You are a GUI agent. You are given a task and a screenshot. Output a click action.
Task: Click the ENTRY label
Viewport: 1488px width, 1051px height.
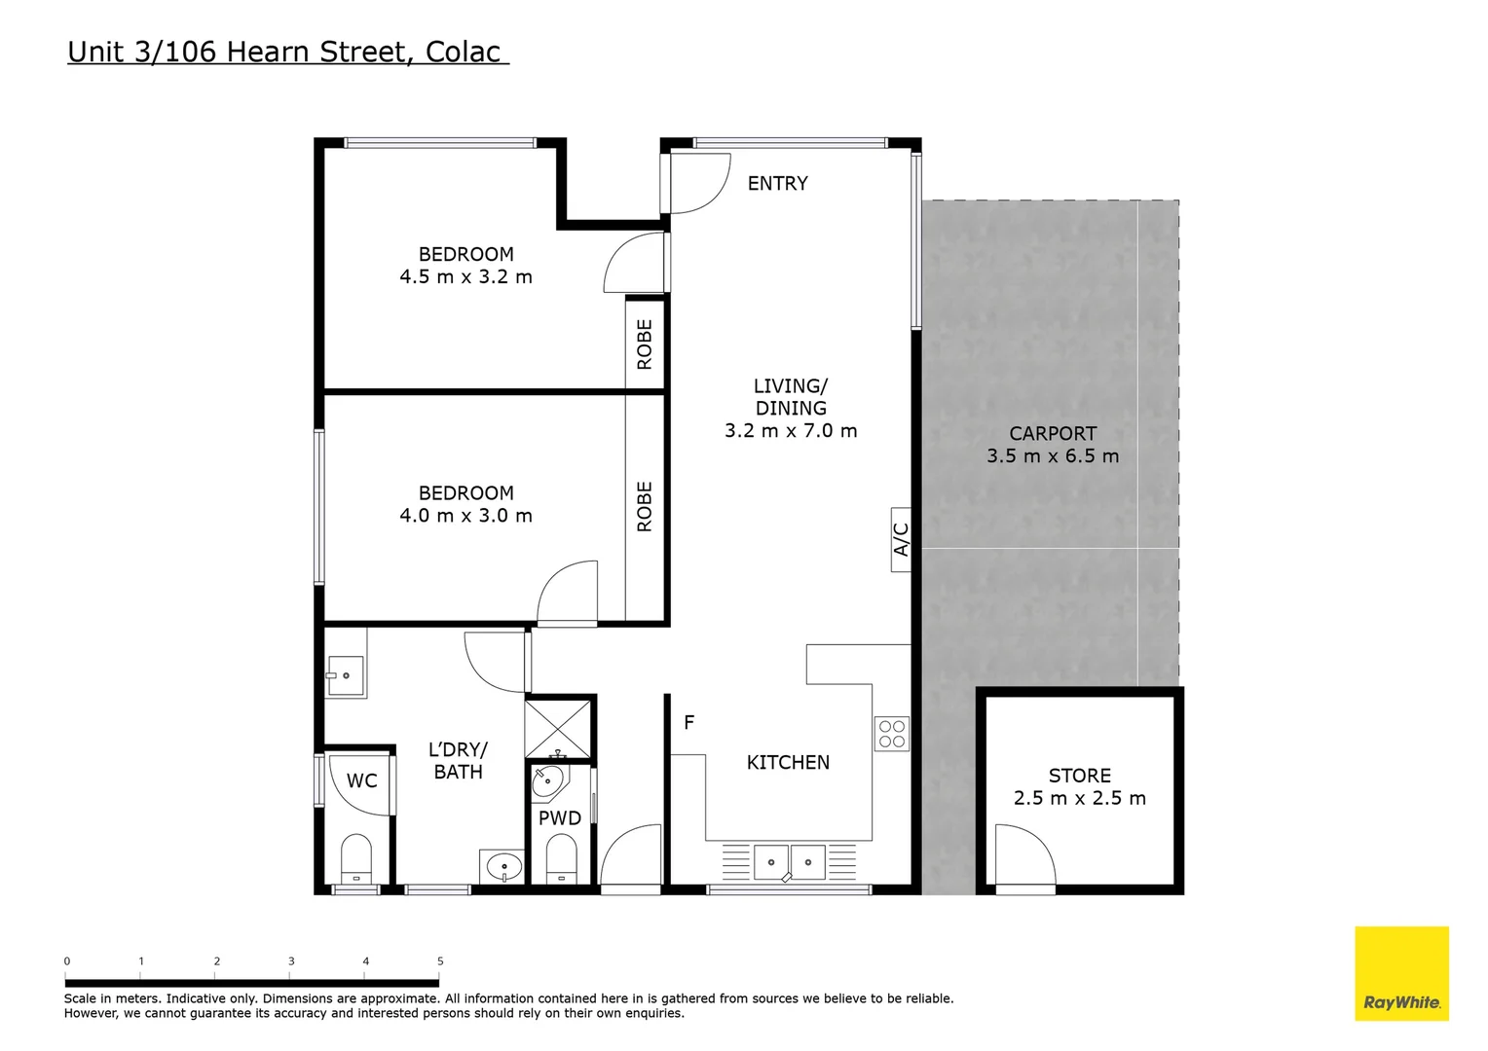(777, 183)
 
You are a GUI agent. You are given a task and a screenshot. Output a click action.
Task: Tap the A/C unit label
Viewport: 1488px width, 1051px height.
(901, 539)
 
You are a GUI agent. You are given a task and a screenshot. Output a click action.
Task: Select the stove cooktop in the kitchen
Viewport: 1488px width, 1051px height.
(891, 734)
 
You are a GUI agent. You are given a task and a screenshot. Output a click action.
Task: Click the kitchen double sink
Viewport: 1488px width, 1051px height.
(789, 862)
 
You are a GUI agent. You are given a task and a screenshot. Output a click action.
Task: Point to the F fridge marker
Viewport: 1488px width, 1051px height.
(688, 722)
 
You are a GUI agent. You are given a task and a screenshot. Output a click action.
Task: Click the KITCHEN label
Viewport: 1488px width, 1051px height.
(788, 763)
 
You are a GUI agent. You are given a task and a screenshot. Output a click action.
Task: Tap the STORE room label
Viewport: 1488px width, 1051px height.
(1079, 776)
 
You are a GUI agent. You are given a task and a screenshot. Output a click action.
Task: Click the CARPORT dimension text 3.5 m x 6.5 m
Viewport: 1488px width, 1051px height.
(1053, 456)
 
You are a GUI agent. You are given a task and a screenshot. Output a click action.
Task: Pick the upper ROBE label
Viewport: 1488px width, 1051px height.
(645, 344)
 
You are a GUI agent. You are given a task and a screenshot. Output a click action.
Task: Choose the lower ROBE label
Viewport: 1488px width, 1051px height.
(645, 507)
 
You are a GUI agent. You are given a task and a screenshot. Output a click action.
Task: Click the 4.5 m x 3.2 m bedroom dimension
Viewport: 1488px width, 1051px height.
(465, 277)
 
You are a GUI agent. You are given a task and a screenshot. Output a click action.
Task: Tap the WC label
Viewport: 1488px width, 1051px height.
(361, 780)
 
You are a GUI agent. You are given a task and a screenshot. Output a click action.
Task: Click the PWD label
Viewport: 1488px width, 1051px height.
(560, 818)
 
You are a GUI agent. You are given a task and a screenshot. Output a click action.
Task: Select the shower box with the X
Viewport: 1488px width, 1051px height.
(558, 728)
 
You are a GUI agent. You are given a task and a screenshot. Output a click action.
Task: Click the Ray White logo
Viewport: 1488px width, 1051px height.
(1401, 973)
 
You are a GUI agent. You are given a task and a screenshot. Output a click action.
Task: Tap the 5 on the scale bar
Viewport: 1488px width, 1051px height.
(440, 961)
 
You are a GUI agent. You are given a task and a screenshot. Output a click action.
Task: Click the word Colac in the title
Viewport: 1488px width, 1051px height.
(464, 52)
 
